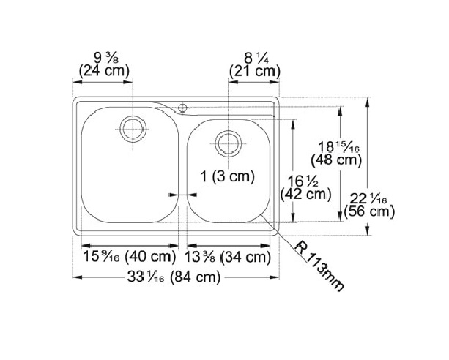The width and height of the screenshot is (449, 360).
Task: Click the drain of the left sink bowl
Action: point(133,129)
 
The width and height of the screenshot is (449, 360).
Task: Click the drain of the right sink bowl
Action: point(229,143)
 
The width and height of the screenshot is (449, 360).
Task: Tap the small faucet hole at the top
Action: point(182,108)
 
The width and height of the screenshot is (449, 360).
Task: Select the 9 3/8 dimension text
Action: point(106,58)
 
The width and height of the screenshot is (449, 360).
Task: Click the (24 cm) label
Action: point(104,71)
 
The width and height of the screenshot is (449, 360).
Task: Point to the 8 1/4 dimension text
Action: point(256,59)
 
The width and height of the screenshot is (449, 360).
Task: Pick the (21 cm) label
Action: point(255,71)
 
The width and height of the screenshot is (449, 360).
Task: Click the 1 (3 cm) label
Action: point(228,176)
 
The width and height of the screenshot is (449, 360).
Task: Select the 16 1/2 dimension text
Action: point(303,181)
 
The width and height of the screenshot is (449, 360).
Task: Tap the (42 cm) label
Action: point(306,195)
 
